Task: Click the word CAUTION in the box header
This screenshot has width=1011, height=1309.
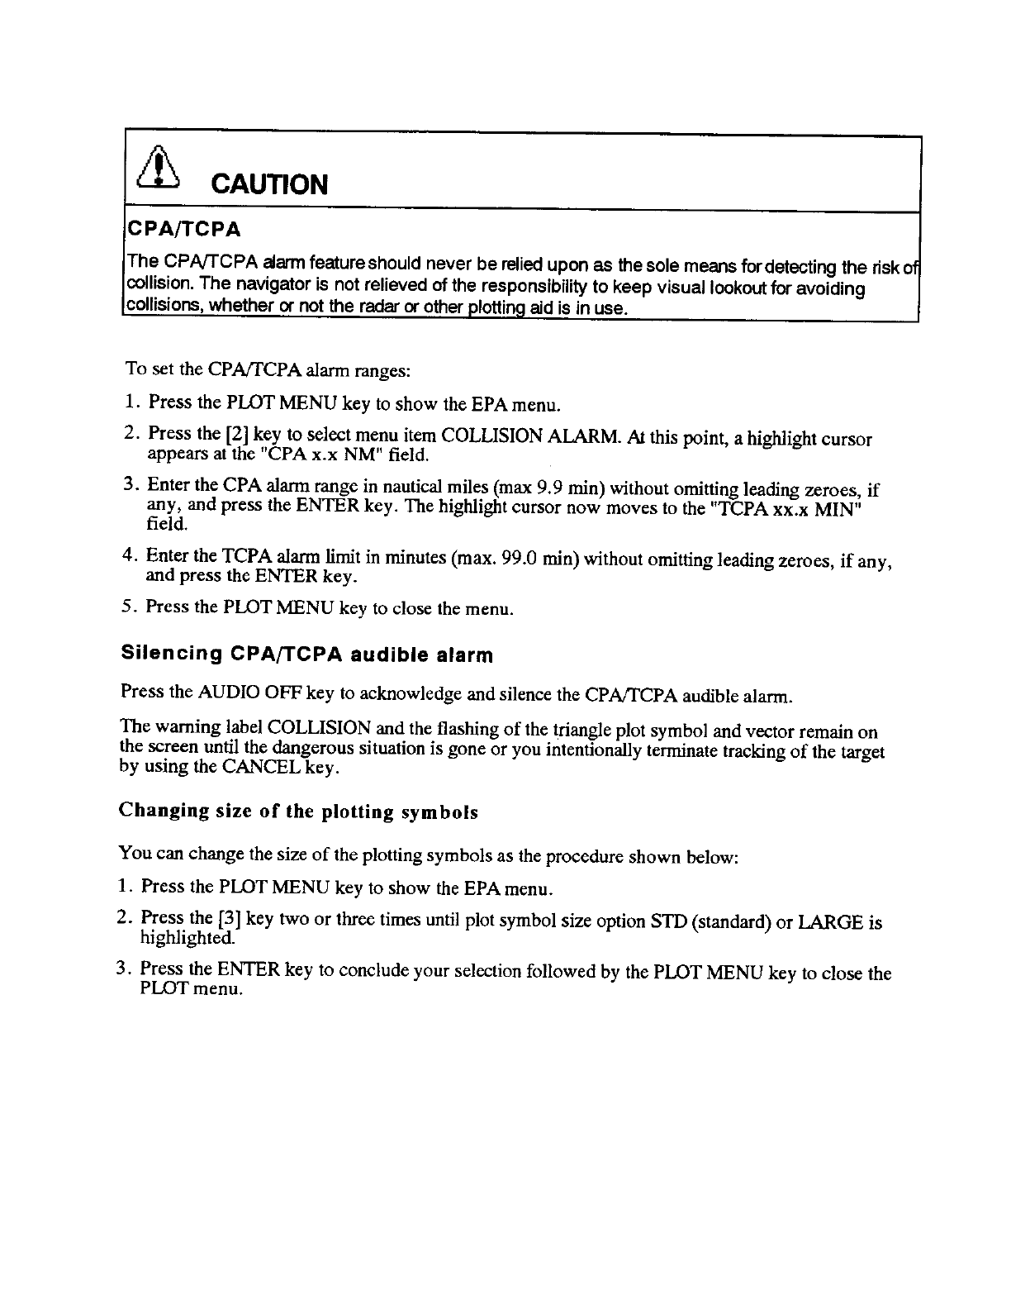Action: [270, 183]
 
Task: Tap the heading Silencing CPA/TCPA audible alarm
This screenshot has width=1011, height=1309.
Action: [306, 655]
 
